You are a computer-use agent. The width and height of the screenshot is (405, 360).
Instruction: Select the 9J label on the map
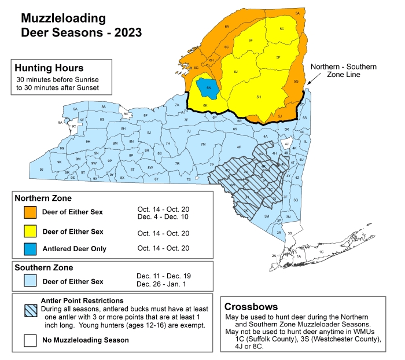tap(41, 169)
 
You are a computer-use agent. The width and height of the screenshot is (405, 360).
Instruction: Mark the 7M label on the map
tap(203, 144)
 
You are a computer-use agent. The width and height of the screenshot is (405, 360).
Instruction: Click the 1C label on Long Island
tap(321, 252)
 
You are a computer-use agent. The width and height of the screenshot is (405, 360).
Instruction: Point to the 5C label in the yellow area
tap(281, 28)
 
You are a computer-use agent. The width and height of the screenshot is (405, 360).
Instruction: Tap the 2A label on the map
tap(274, 255)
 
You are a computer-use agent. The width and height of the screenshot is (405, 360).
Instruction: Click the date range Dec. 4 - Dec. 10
tap(164, 216)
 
